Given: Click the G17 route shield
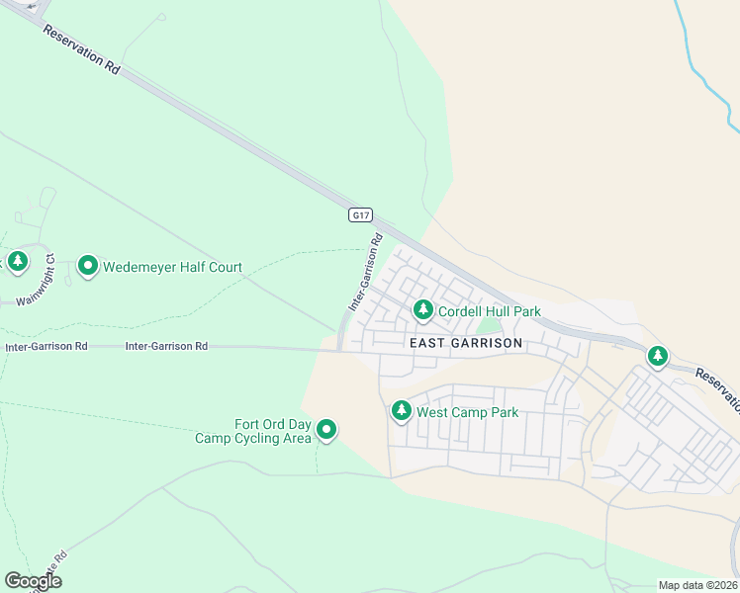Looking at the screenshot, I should (361, 214).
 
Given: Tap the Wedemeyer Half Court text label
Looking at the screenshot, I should (173, 267).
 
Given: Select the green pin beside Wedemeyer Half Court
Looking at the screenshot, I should (88, 266).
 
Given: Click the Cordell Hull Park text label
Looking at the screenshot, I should (490, 311).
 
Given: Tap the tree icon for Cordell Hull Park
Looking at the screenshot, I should (423, 311).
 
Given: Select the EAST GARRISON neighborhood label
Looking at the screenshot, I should (465, 343).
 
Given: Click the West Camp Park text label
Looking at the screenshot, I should (468, 412).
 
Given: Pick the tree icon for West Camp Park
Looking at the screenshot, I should (401, 410).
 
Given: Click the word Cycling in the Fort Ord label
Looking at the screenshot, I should (263, 439).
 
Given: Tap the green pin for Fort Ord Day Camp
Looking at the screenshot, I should (326, 430).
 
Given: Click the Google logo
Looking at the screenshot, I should (33, 581).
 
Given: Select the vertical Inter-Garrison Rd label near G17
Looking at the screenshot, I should (364, 274).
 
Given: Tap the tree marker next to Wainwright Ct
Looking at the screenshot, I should (17, 262).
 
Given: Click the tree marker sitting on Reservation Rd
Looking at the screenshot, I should (657, 356).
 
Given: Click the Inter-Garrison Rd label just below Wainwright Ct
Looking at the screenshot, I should (46, 347).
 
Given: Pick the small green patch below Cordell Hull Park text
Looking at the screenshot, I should (489, 327).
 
